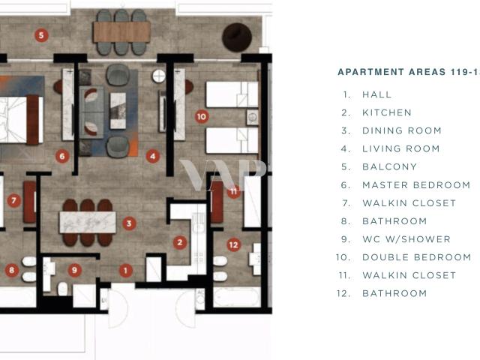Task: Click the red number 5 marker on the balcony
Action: [x=41, y=35]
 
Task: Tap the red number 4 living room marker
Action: [x=153, y=157]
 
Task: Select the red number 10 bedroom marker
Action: [x=202, y=117]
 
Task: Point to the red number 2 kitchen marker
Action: [x=180, y=243]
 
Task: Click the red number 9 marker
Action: [x=74, y=270]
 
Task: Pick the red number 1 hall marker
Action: [x=125, y=271]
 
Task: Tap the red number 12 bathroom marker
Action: [x=233, y=245]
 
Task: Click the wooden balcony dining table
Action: [x=121, y=32]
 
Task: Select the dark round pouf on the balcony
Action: [x=237, y=37]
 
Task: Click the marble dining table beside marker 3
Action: [x=88, y=223]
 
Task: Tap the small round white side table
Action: [x=159, y=76]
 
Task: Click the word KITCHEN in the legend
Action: [x=387, y=112]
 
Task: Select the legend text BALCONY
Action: [x=390, y=166]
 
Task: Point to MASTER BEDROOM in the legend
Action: [x=416, y=185]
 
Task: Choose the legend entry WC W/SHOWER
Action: [x=406, y=239]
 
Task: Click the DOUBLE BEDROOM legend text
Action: [x=417, y=257]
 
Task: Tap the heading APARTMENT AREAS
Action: [x=391, y=72]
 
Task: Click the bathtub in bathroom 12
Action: [x=237, y=297]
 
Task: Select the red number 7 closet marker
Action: [x=13, y=201]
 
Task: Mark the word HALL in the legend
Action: [x=377, y=94]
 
